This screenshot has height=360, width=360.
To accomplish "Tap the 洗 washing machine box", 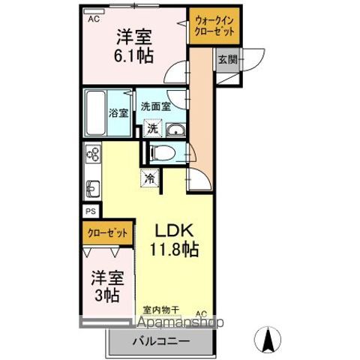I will pyautogui.click(x=152, y=128).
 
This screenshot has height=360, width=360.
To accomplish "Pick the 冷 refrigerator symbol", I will pyautogui.click(x=150, y=179).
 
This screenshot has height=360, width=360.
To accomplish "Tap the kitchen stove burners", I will pyautogui.click(x=93, y=155).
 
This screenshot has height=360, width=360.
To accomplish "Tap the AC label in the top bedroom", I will pyautogui.click(x=94, y=20).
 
